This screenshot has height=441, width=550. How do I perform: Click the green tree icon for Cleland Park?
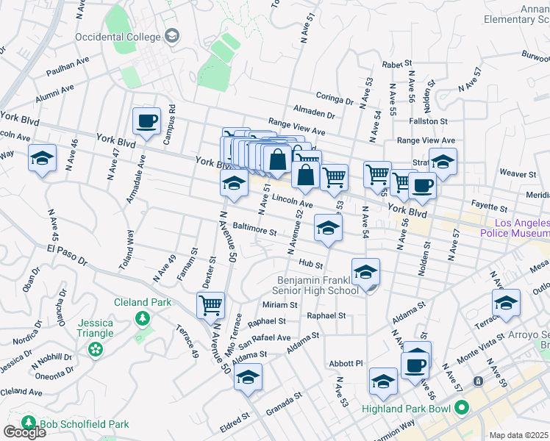142,318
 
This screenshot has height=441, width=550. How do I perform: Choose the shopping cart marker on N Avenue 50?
211,305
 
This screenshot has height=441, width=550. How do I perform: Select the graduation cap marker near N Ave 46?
42,158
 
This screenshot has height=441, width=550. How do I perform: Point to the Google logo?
24,431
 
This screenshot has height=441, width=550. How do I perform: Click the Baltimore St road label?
254,230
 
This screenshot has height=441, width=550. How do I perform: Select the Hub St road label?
311,263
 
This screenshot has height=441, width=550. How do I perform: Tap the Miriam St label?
280,304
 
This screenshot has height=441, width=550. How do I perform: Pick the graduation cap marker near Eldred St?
248,378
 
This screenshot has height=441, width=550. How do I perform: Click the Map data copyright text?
519,435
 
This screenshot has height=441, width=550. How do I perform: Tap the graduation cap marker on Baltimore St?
328,228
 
